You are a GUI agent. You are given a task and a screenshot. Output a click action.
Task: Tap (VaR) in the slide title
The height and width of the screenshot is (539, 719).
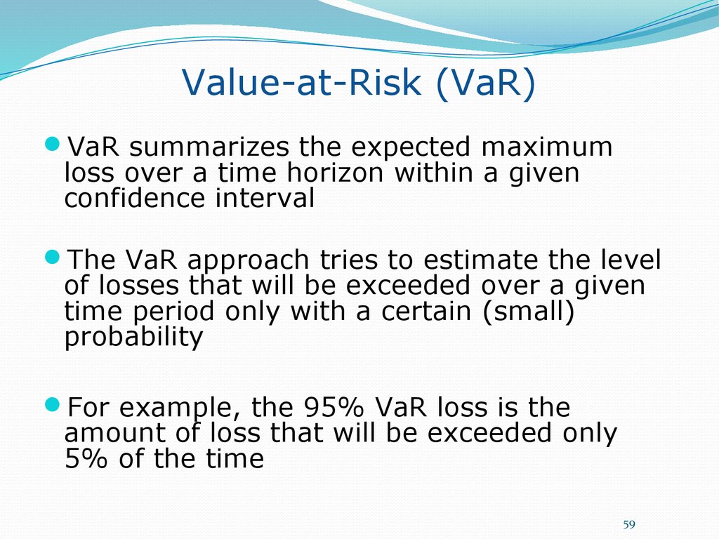point(486,83)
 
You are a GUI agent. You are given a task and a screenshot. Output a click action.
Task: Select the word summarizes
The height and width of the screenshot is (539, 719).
point(209,147)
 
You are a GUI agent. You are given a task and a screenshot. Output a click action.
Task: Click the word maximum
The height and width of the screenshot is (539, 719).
point(546,147)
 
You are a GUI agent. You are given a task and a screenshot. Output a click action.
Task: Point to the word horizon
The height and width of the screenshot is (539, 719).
point(335,173)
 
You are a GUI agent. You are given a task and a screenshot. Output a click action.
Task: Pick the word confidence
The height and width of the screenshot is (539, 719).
point(134,198)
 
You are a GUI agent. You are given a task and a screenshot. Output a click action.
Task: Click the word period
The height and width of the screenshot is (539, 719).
point(173,312)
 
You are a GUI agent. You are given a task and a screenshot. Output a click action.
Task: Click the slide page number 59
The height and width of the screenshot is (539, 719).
point(629,524)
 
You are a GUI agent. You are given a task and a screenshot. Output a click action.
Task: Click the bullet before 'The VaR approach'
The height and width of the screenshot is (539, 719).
point(53,257)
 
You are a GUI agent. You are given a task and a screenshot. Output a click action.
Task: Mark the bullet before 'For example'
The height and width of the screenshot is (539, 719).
point(53,404)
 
